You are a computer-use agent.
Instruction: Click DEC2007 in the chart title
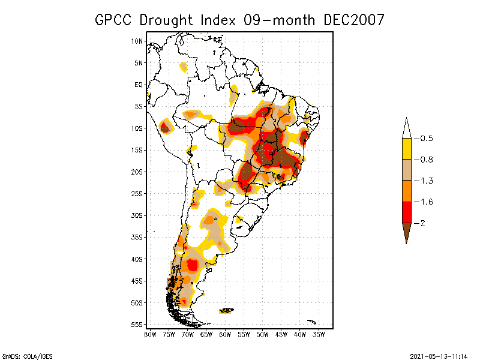click(x=353, y=20)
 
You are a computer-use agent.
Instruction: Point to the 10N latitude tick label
click(x=137, y=41)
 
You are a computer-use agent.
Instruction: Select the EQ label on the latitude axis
click(x=139, y=85)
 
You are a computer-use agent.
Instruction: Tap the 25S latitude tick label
click(x=137, y=194)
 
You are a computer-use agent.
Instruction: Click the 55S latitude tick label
click(x=137, y=325)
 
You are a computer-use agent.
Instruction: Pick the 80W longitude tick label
click(x=150, y=334)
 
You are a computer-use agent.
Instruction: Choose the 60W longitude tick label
click(x=225, y=334)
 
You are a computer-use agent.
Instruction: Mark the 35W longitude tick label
click(x=319, y=334)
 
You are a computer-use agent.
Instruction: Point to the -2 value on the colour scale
click(x=424, y=223)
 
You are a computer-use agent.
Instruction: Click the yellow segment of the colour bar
click(x=406, y=149)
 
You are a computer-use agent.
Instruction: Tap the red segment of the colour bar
click(x=406, y=212)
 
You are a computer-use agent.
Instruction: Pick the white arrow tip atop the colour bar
click(x=406, y=127)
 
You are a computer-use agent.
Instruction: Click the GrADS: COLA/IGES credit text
click(x=23, y=355)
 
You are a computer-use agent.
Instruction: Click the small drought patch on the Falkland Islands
click(x=226, y=310)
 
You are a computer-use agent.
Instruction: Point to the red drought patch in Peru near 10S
click(x=165, y=127)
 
